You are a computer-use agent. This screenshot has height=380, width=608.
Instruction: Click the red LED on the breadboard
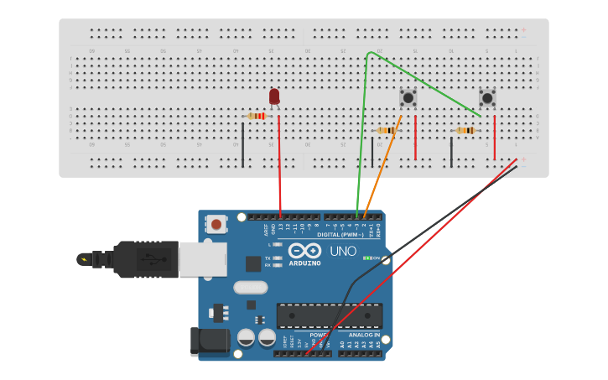274,96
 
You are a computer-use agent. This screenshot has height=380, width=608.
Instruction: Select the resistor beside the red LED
257,116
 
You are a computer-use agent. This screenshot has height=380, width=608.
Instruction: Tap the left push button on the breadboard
408,97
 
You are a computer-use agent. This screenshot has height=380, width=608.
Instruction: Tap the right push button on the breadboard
487,97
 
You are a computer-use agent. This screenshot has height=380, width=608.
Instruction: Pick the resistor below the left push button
387,130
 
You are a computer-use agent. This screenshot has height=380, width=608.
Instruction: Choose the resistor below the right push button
465,130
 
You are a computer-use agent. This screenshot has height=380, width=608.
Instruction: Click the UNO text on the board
342,251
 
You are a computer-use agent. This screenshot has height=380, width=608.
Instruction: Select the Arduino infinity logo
304,251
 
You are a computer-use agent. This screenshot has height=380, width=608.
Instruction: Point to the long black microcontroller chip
329,315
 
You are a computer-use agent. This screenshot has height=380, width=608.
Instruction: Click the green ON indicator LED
367,258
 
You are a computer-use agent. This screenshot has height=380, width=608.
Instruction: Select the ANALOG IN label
364,335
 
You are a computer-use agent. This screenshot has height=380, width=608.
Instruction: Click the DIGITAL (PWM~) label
340,235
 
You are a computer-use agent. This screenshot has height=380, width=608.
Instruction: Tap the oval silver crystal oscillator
250,288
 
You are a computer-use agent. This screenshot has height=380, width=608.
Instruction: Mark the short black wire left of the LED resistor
243,144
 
